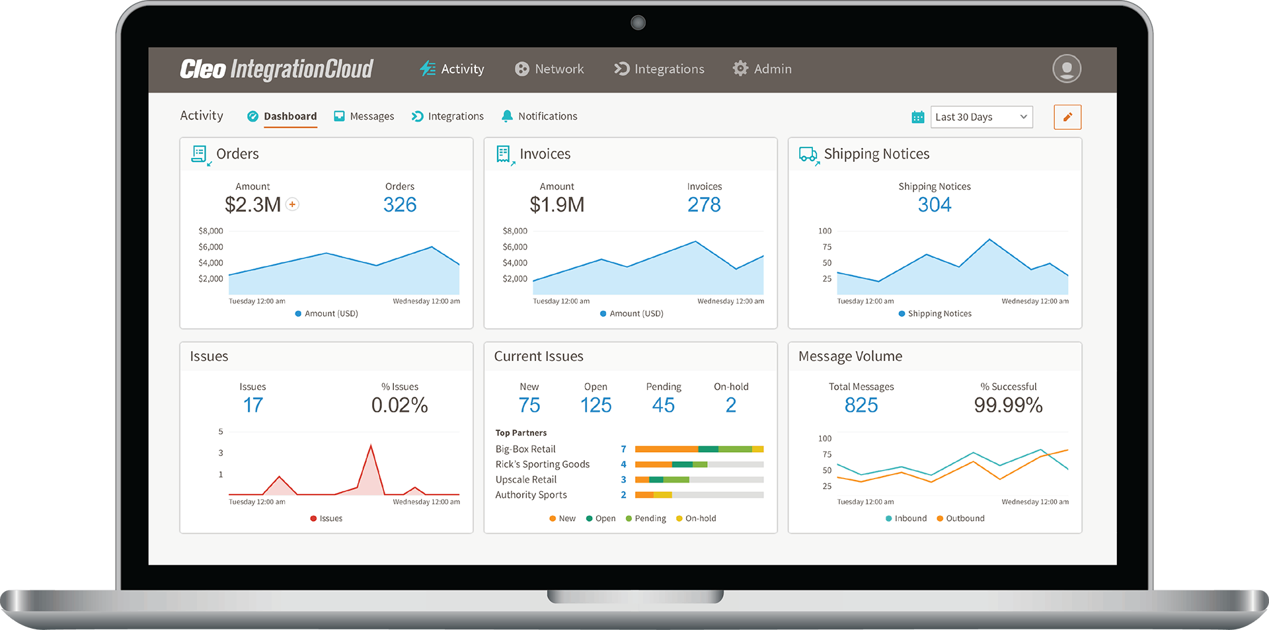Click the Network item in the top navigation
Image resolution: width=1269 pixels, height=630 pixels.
point(549,69)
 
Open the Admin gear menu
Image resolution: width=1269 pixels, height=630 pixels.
point(761,69)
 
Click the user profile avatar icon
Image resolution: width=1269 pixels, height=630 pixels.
point(1066,69)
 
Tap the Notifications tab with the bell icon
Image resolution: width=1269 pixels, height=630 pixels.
point(539,116)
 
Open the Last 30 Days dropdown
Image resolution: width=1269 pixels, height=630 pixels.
point(981,117)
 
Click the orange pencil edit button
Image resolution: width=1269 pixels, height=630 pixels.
point(1067,117)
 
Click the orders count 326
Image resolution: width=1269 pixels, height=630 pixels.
point(400,205)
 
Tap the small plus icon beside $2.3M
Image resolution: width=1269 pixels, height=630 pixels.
point(292,204)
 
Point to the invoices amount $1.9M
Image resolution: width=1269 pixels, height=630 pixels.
point(557,205)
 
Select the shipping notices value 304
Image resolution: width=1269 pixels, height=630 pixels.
point(934,205)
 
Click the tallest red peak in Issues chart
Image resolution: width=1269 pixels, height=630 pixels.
point(371,447)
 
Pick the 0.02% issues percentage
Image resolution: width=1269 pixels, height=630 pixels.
point(399,405)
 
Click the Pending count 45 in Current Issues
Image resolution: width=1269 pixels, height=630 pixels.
point(663,405)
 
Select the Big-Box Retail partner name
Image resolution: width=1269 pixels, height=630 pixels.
point(525,449)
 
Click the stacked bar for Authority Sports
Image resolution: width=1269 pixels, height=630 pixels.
point(699,494)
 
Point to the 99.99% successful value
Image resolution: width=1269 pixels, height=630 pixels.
point(1008,405)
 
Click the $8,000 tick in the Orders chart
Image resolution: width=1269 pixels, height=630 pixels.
point(211,231)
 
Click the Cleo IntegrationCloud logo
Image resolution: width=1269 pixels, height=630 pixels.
point(276,69)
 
